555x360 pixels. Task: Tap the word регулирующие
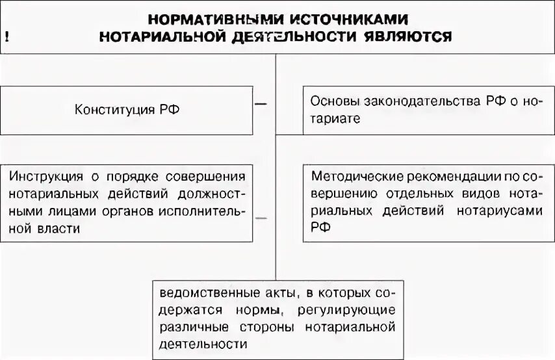354,308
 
